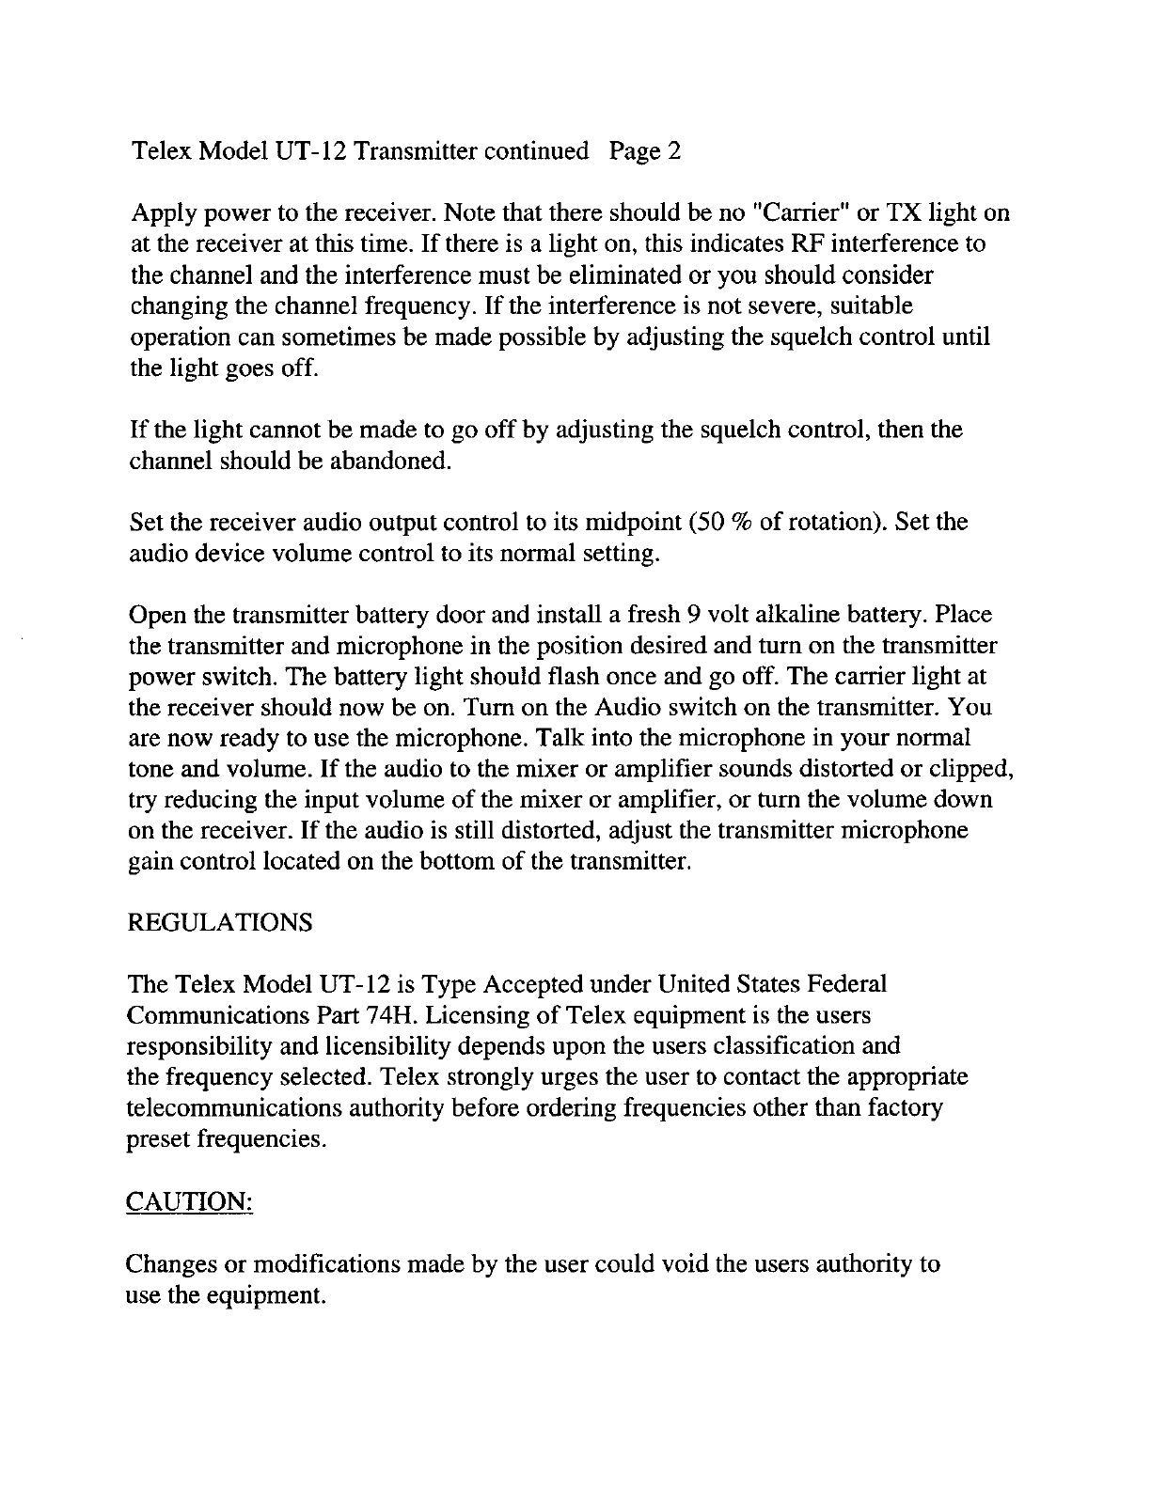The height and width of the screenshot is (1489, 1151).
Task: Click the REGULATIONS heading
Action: tap(219, 922)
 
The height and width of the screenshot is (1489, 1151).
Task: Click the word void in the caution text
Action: tap(685, 1264)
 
